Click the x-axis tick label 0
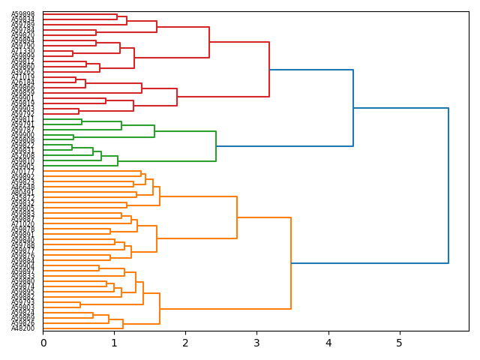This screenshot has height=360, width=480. click(x=43, y=343)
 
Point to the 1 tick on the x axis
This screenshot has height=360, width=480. click(x=114, y=343)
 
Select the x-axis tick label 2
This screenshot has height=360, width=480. click(x=185, y=343)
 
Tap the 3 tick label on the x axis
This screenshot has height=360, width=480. click(x=256, y=343)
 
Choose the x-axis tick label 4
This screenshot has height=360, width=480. click(x=328, y=343)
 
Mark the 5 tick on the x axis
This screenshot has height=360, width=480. click(x=399, y=343)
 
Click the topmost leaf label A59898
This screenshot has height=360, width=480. click(x=22, y=15)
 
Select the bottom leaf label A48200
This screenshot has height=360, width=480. click(x=22, y=328)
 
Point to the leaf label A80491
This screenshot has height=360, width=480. click(x=22, y=193)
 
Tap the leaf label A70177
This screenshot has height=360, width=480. click(x=22, y=172)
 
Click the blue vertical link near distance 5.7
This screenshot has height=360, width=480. click(x=448, y=185)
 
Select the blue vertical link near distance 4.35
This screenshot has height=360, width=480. click(x=353, y=108)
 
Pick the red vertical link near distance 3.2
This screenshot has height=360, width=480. click(x=269, y=70)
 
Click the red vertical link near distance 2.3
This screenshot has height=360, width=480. click(x=209, y=42)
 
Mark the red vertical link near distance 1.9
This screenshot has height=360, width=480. click(x=177, y=97)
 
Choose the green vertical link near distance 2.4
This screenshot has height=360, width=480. click(x=216, y=146)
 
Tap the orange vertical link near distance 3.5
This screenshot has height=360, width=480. click(x=291, y=263)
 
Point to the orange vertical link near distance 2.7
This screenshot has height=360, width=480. click(x=237, y=217)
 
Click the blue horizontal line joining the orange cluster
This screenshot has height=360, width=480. click(x=370, y=263)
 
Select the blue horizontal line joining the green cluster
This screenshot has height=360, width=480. click(x=285, y=146)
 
